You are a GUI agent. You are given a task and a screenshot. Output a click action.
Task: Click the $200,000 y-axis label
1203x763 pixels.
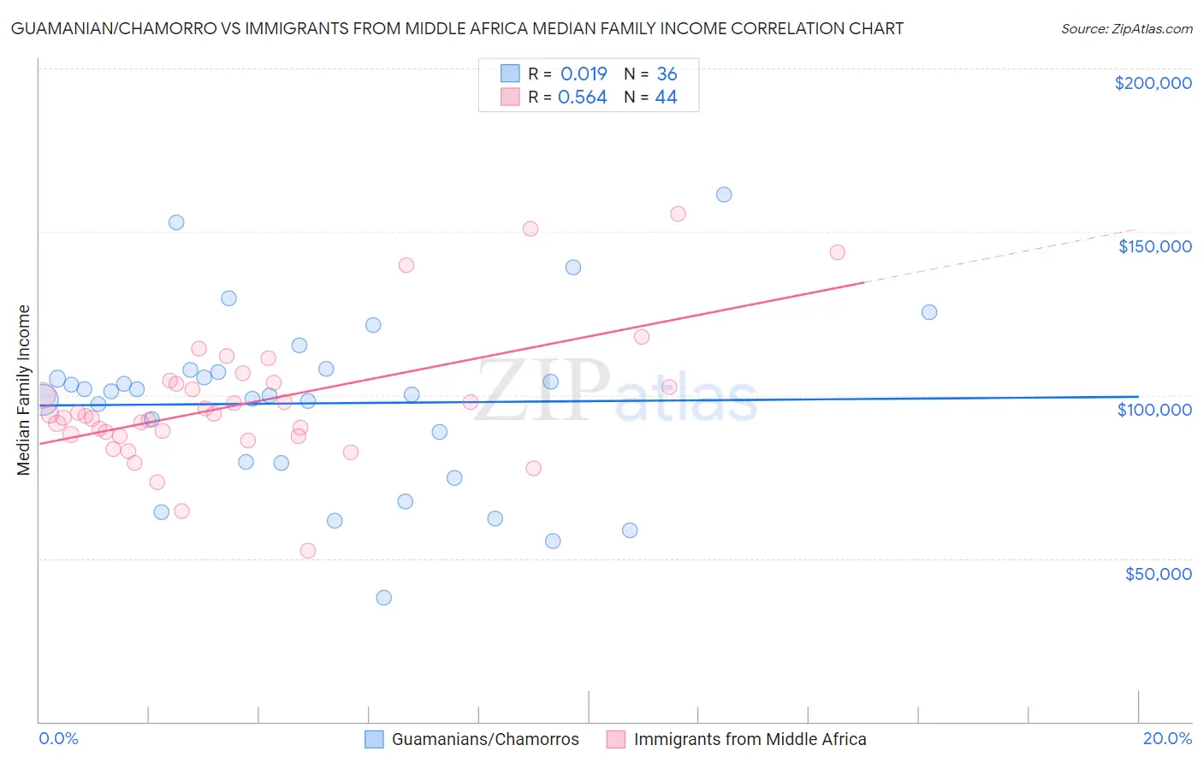(x=1153, y=83)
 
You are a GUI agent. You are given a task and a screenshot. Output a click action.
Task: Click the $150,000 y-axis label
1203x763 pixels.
(x=1154, y=246)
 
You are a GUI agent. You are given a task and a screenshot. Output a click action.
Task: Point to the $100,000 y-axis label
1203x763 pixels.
(x=1154, y=410)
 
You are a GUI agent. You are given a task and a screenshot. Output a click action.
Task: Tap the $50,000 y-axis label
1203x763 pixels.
(x=1158, y=573)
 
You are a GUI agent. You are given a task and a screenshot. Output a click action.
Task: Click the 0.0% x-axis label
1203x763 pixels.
(x=58, y=738)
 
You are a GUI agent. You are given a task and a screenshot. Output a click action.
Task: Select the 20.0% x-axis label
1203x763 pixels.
(x=1167, y=738)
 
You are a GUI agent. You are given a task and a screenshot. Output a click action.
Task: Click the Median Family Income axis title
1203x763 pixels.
(x=24, y=390)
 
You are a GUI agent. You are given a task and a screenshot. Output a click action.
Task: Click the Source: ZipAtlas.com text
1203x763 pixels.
(x=1126, y=29)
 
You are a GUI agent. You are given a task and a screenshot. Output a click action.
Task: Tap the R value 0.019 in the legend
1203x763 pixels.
(x=584, y=74)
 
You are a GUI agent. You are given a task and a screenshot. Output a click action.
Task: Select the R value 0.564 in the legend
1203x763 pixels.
(x=582, y=98)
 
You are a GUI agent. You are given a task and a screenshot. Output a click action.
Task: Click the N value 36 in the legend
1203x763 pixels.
(x=667, y=74)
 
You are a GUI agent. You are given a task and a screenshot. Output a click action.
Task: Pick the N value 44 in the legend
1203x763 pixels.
(x=666, y=98)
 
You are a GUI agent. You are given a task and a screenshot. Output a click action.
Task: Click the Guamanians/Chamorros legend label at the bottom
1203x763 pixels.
(x=485, y=739)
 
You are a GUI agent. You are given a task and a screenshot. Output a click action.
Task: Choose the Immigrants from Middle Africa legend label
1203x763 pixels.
(x=750, y=739)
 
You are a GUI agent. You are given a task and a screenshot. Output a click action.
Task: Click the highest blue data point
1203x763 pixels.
(x=724, y=194)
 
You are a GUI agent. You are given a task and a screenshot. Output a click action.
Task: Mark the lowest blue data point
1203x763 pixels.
(x=384, y=597)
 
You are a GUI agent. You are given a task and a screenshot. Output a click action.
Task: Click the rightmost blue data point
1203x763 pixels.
(x=929, y=312)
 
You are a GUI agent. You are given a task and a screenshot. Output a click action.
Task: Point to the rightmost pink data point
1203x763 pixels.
(x=837, y=252)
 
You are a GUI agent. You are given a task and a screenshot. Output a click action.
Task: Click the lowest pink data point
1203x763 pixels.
(x=308, y=551)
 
